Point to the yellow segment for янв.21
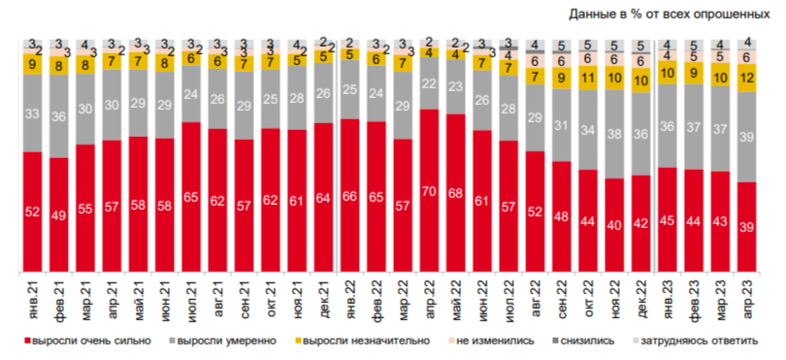point(33,64)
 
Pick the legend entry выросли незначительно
point(368,342)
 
